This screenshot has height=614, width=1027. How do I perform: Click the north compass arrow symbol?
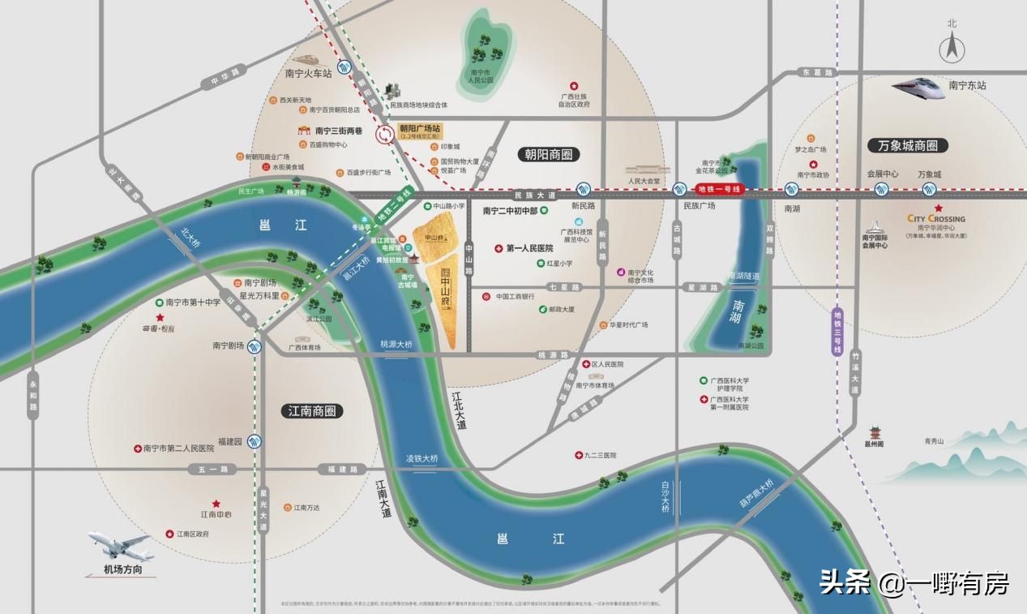(x=952, y=49)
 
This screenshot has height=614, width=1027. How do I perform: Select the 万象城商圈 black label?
(x=907, y=146)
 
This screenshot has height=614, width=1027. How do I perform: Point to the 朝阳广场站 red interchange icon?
(x=385, y=135)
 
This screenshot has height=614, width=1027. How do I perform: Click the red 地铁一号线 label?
(x=720, y=189)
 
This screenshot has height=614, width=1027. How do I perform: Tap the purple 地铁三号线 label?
(x=838, y=333)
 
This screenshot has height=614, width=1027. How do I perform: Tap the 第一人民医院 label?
(x=528, y=248)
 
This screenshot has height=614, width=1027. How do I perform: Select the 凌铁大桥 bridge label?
(x=421, y=459)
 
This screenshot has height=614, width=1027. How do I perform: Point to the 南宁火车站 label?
(x=308, y=73)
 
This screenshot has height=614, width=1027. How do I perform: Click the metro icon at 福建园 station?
(x=255, y=443)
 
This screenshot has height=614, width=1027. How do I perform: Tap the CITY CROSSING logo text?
(x=936, y=219)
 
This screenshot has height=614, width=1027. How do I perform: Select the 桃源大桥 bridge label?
(x=396, y=345)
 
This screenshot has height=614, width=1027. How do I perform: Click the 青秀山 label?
(x=935, y=442)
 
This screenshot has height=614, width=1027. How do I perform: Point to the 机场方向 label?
(x=122, y=570)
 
